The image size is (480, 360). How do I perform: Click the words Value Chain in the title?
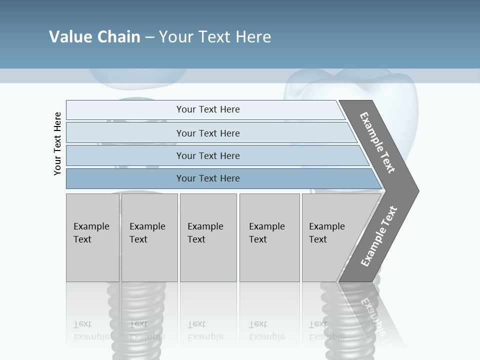[x=94, y=37]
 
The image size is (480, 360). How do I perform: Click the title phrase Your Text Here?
[x=215, y=37]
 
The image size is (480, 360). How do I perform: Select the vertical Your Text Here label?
[x=57, y=143]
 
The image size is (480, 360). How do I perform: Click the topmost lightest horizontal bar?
[x=207, y=109]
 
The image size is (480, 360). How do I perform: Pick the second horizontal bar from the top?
[x=207, y=133]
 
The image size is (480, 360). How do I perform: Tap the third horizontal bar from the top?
[x=207, y=155]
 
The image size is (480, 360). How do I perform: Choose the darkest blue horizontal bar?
[x=207, y=178]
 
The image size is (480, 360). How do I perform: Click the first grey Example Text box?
[x=92, y=237]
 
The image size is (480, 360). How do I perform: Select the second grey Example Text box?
[x=149, y=237]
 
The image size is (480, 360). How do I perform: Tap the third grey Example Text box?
[x=208, y=237]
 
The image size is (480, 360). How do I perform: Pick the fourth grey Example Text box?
[x=269, y=237]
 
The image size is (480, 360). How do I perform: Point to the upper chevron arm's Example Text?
[x=377, y=142]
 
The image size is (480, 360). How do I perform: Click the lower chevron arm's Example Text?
[x=379, y=236]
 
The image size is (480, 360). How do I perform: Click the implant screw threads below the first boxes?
[x=132, y=310]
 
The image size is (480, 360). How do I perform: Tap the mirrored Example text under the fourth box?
[x=267, y=336]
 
